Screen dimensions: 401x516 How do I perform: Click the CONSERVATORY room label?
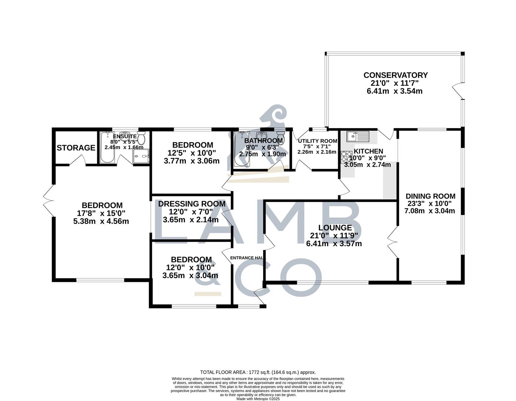pos(395,75)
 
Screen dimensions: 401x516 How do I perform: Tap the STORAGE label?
pos(76,148)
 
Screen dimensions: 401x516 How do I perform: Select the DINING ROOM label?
pos(430,196)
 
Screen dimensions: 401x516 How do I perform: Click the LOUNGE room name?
pos(335,228)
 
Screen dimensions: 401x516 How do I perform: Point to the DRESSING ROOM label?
pos(192,204)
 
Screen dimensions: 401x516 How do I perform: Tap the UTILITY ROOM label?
pos(317,141)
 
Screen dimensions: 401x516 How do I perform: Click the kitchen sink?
pos(357,137)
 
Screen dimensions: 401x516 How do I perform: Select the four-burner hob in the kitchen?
pos(346,157)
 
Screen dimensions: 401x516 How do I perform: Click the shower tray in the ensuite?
pos(142,156)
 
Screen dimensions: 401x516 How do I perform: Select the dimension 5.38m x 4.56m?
pos(101,221)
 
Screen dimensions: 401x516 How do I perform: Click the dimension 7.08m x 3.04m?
pos(430,211)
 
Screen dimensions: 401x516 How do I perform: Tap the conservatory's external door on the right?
pos(457,91)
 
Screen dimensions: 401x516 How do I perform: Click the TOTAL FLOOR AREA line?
pos(258,372)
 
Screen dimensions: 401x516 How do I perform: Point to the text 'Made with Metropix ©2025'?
pos(258,399)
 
